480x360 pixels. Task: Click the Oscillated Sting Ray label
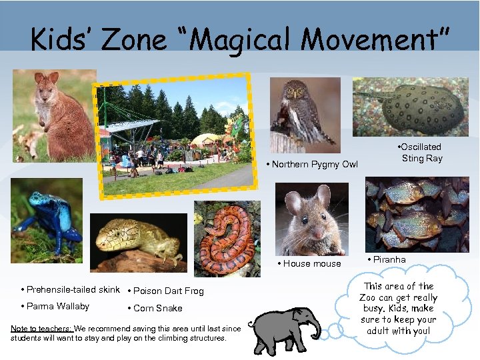(421, 153)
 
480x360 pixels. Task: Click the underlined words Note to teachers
(41, 328)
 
